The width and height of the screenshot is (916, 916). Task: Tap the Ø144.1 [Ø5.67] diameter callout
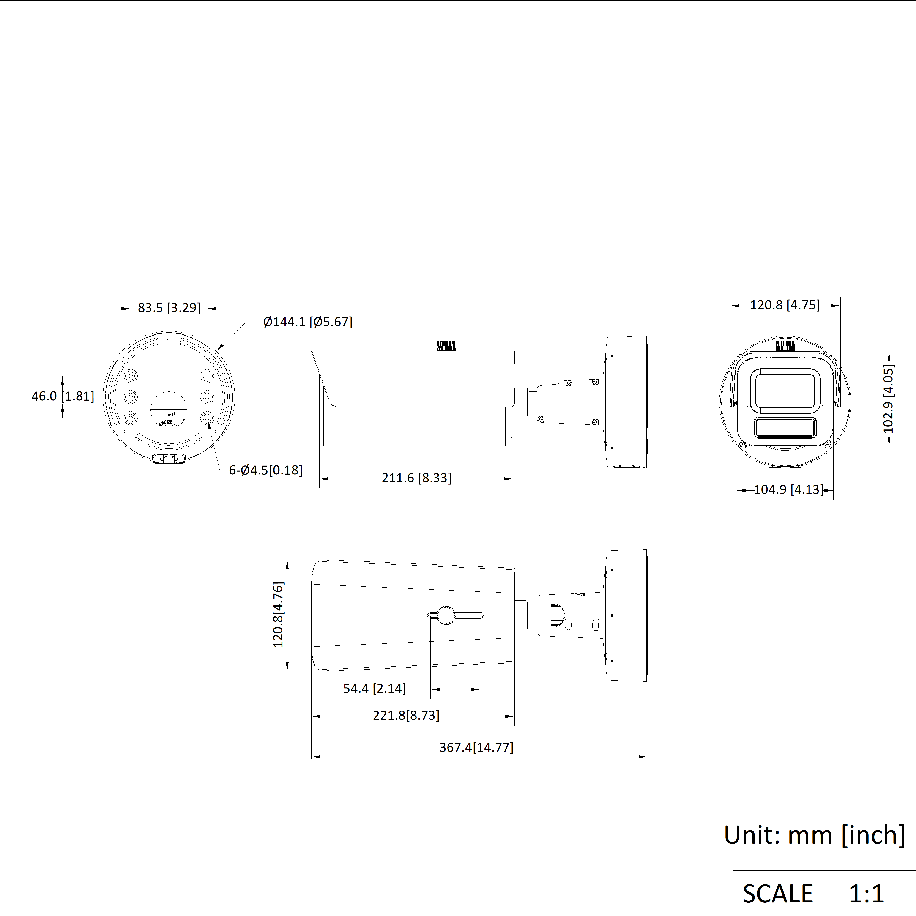pyautogui.click(x=308, y=322)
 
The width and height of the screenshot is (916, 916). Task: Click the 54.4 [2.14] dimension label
pyautogui.click(x=375, y=688)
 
